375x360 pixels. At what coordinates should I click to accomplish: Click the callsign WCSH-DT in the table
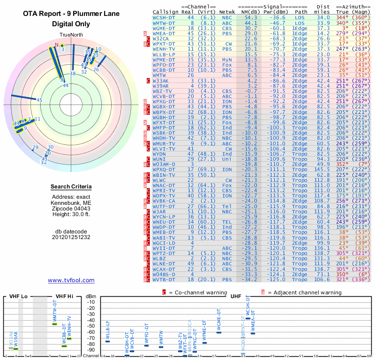tap(165, 17)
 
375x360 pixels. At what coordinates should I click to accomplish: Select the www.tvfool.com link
tap(71, 280)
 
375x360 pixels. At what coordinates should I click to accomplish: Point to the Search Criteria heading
tap(71, 187)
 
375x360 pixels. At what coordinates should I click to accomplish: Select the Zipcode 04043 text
tap(71, 208)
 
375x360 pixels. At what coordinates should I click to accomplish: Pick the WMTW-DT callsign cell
tap(165, 22)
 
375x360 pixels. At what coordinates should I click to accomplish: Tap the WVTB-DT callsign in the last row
tap(165, 280)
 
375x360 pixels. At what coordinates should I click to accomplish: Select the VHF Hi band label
tap(64, 296)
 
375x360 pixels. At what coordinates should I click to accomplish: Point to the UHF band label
tap(236, 296)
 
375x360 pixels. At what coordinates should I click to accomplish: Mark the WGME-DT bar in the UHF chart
tap(219, 332)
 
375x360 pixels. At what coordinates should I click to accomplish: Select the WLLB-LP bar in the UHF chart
tap(107, 341)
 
